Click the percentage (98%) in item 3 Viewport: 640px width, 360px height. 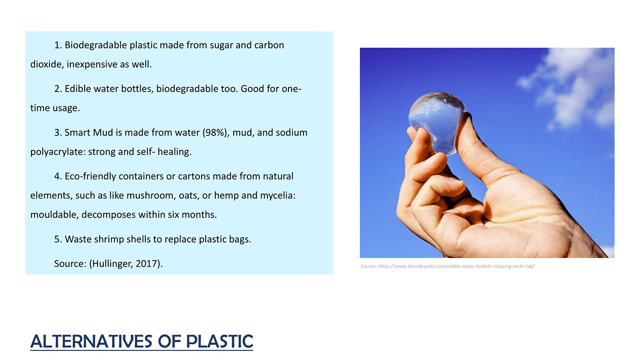point(216,133)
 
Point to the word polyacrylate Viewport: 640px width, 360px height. point(58,152)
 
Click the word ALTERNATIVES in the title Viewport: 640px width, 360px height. point(91,342)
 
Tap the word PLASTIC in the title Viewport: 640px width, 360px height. point(219,342)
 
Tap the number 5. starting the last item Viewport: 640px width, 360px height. point(58,239)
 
